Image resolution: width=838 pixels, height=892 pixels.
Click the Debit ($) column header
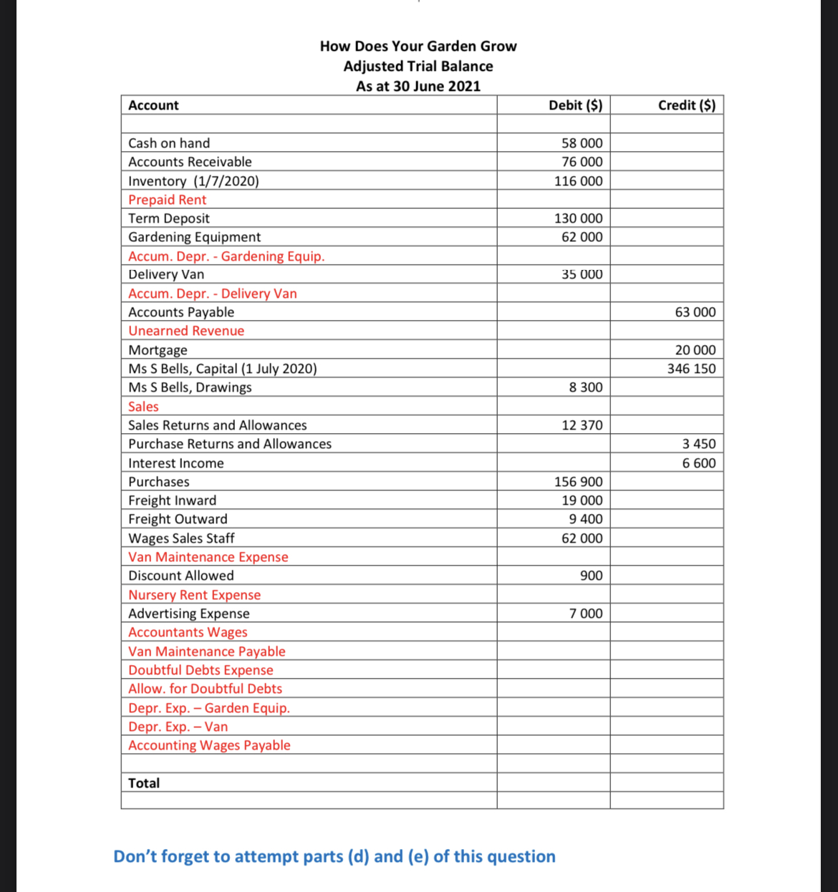coord(575,105)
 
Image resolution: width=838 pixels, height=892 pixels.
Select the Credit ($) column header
coord(686,105)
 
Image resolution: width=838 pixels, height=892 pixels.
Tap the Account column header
coord(153,105)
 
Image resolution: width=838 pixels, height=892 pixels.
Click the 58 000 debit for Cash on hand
coord(582,143)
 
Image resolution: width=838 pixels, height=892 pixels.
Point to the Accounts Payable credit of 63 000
coord(695,312)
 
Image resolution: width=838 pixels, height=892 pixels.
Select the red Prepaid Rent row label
coord(167,200)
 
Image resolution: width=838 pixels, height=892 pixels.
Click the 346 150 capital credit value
coord(691,369)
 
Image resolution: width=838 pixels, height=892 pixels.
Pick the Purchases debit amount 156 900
coord(578,482)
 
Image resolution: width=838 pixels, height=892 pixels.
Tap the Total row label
coord(144,783)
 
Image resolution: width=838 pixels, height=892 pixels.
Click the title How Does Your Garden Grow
coord(418,46)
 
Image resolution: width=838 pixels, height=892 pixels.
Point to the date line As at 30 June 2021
coord(418,86)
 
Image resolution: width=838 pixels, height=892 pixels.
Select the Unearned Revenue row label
coord(186,331)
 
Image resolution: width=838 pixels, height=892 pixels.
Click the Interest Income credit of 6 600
coord(698,463)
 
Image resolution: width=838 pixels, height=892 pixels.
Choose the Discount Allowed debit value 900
coord(591,576)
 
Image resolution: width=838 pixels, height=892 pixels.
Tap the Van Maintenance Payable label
coord(206,651)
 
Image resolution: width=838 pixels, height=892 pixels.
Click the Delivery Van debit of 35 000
coord(582,274)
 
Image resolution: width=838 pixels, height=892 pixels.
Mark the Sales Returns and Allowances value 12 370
coord(582,425)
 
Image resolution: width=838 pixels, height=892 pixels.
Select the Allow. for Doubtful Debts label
coord(205,689)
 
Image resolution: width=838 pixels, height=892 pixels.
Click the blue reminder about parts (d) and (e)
coord(334,856)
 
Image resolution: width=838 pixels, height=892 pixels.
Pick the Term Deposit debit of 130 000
coord(578,218)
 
